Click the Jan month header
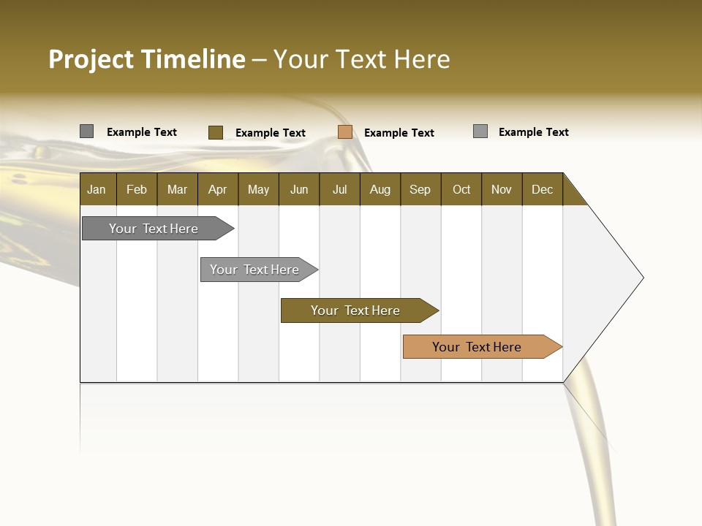click(97, 189)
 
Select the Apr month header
click(217, 189)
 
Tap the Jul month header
click(339, 189)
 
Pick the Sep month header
click(420, 189)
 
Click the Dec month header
click(542, 189)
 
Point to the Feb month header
click(137, 189)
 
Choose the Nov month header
click(501, 189)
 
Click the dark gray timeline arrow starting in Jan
click(154, 229)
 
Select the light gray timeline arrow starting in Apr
click(254, 270)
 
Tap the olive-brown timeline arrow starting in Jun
click(355, 310)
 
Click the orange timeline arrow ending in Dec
click(477, 347)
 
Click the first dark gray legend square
click(86, 131)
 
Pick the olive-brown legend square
click(215, 132)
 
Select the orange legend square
click(345, 132)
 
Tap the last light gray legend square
click(480, 131)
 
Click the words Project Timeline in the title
click(146, 59)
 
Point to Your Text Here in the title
click(361, 59)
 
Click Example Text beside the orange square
click(399, 133)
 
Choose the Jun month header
click(298, 189)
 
